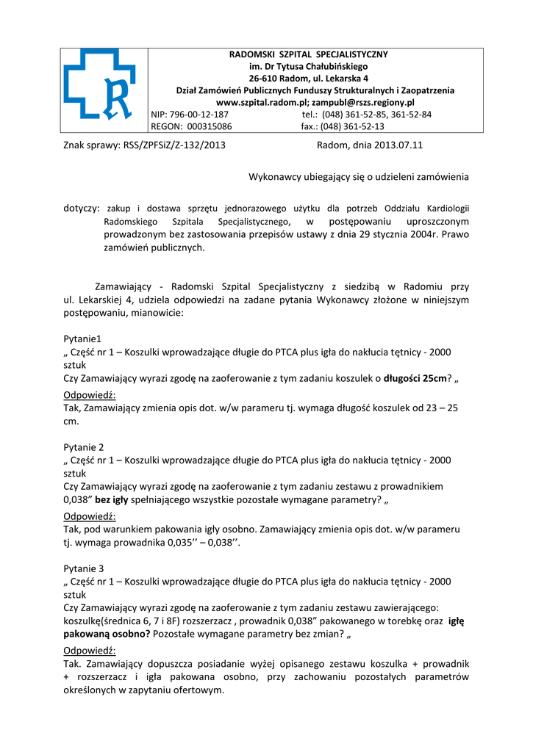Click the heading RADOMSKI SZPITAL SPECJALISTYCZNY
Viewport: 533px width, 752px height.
309,54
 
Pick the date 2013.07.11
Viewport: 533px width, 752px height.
398,145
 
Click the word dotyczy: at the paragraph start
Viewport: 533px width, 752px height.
81,209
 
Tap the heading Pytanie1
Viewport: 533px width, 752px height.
82,339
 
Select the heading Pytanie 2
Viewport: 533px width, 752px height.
84,446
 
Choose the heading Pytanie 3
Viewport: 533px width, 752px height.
84,568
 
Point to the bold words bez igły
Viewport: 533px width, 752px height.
112,499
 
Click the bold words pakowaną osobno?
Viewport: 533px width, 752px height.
107,634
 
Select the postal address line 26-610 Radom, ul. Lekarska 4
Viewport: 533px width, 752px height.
309,79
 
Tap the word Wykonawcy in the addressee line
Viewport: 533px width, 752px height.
279,177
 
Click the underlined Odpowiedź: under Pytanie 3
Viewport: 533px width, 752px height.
90,651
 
